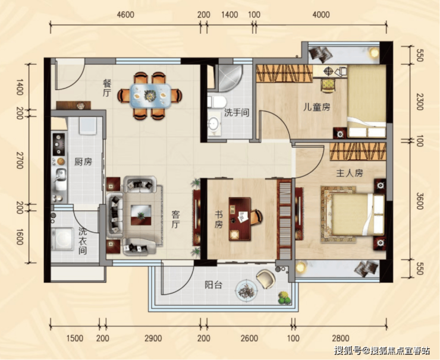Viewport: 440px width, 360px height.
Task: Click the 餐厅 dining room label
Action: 107,88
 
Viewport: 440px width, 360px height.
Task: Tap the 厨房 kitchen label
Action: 83,162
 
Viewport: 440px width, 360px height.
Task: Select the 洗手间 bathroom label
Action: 237,113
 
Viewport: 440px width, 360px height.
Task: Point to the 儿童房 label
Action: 316,108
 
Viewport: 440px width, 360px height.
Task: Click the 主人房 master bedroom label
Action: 350,173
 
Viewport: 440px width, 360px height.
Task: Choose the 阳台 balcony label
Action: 213,285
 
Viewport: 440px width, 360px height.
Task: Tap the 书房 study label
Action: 219,220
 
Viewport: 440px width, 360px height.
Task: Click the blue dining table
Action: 150,96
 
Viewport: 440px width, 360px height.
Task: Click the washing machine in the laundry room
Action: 62,239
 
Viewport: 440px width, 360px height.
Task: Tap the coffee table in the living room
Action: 141,215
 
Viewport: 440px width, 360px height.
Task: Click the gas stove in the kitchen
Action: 59,144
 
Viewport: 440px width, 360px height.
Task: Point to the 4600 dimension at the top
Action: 125,15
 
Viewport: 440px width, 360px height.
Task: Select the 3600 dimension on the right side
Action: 420,201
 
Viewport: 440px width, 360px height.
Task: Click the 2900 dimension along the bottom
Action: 153,338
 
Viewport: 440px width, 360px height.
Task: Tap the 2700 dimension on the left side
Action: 20,160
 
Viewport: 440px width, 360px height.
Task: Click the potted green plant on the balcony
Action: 284,298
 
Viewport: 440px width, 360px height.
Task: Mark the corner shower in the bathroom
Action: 229,78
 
